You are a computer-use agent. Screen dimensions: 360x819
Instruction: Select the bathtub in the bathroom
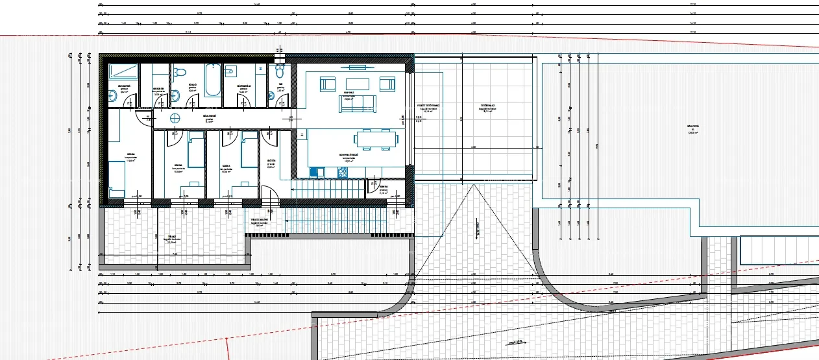click(212, 79)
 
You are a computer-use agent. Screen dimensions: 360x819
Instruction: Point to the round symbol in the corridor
click(175, 117)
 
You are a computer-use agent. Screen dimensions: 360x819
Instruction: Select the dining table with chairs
click(376, 139)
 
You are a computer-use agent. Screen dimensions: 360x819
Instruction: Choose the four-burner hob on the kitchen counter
click(342, 173)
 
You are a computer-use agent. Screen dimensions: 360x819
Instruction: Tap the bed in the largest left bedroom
click(117, 178)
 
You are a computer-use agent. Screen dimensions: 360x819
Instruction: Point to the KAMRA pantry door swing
click(374, 186)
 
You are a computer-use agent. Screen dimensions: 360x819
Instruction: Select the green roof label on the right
click(693, 128)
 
